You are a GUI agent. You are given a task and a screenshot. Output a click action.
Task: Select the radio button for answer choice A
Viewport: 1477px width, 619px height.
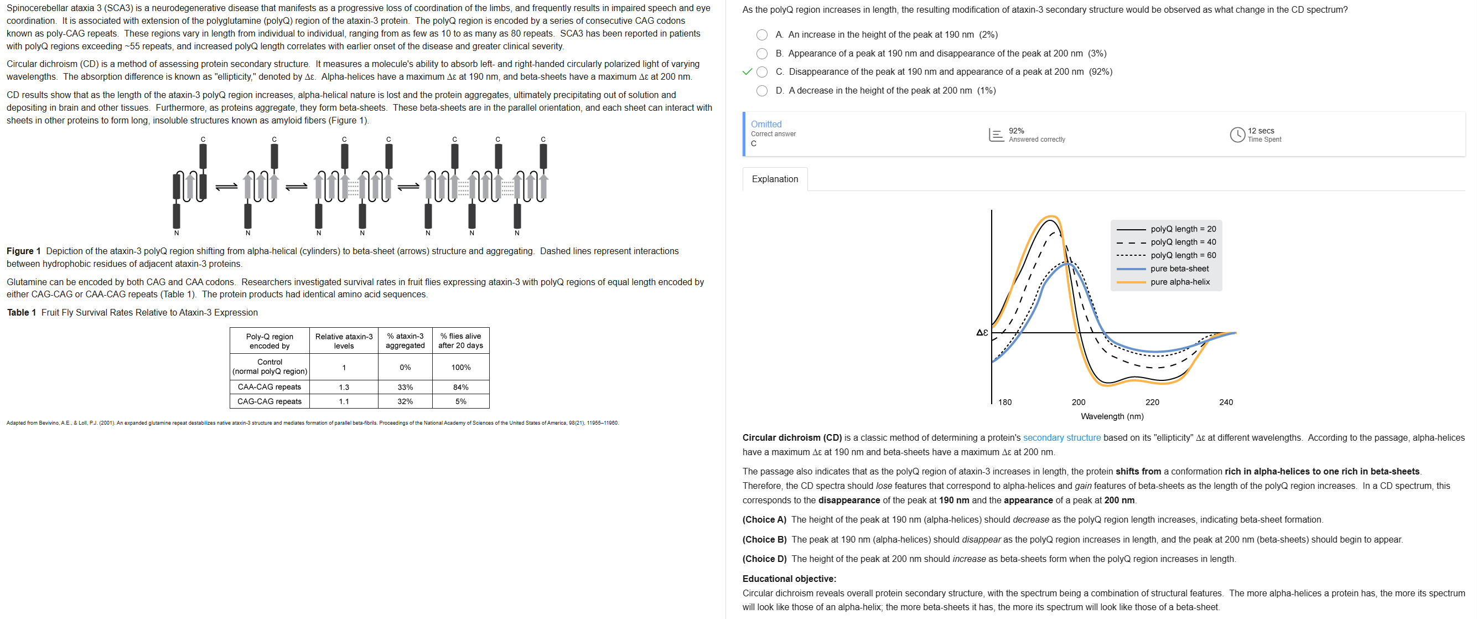point(761,35)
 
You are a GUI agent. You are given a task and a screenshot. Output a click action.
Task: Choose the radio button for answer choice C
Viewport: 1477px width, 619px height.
point(761,72)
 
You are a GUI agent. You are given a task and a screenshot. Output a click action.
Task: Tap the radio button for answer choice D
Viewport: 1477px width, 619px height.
point(761,91)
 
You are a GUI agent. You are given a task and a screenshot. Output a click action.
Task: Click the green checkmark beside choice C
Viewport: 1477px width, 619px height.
point(747,72)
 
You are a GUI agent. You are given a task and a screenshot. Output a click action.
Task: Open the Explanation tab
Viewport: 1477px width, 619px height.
point(774,179)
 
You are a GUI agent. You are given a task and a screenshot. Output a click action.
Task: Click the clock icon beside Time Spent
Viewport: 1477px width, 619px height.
point(1237,135)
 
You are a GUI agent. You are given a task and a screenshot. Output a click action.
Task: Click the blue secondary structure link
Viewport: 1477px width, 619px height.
point(1061,438)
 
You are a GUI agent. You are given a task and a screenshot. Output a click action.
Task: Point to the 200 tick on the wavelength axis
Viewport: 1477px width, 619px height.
point(1078,402)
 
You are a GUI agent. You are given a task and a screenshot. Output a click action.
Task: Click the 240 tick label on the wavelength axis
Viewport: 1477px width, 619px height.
point(1225,402)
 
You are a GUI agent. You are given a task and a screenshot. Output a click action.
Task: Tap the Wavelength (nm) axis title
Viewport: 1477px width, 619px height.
point(1111,416)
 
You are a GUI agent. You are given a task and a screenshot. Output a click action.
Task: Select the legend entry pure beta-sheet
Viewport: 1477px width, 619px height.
point(1179,269)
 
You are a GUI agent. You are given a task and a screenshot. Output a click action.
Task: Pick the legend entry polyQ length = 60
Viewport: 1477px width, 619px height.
point(1182,255)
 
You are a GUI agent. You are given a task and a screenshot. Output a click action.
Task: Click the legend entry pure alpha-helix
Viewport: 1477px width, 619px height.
point(1179,282)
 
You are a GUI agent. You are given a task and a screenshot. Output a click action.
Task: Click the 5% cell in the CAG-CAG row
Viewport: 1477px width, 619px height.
point(460,401)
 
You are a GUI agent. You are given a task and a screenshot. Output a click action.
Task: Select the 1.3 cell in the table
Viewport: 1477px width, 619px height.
point(344,387)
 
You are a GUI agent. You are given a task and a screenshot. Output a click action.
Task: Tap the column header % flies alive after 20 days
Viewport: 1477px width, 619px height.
point(460,341)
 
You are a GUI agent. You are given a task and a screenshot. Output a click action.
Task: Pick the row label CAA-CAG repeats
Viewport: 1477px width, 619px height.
point(269,387)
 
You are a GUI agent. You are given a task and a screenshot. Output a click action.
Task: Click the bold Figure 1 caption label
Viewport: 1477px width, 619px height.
point(23,251)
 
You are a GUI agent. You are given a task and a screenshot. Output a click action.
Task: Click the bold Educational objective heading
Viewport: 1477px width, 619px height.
point(789,579)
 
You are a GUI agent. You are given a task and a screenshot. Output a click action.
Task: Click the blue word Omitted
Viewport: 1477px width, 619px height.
point(765,124)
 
